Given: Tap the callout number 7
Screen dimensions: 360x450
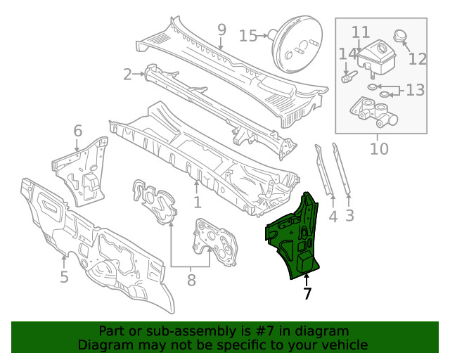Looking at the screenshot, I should tap(307, 294).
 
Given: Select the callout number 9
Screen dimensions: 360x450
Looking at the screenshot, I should tap(221, 30).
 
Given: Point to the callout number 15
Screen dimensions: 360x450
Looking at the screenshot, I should tap(248, 35).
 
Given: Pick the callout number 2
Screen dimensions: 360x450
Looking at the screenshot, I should tap(127, 74).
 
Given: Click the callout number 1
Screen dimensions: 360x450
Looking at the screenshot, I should tap(198, 202).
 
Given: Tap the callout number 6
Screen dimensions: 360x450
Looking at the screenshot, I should tap(77, 130).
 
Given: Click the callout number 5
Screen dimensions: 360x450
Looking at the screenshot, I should tap(64, 277).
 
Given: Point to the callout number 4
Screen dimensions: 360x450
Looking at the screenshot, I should tap(333, 217).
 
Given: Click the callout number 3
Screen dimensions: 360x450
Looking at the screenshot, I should tap(349, 217).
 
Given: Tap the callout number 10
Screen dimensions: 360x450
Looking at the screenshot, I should tap(378, 149).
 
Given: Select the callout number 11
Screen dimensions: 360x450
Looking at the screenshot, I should tap(361, 32).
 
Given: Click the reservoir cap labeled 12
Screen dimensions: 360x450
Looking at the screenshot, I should tap(400, 35).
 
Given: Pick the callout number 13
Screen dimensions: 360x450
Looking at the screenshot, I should tap(415, 90).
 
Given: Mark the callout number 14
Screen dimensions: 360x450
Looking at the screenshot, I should tap(347, 55).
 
